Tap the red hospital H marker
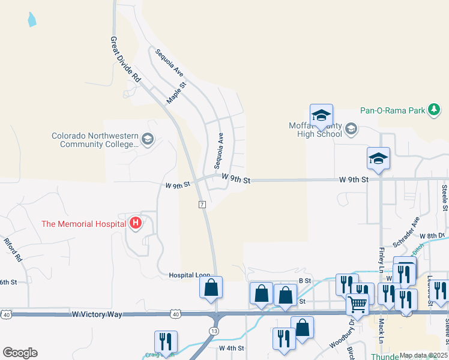tap(136, 224)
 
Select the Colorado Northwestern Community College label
tap(95, 140)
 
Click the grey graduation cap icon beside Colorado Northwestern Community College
tap(147, 140)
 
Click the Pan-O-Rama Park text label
tap(393, 110)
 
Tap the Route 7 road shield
tap(202, 205)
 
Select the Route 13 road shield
tap(215, 331)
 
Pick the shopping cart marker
tap(357, 305)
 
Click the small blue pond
tap(31, 19)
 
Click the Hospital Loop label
tap(189, 275)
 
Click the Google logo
tap(20, 352)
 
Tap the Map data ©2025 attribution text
tap(424, 355)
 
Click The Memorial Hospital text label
tap(84, 224)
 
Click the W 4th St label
tap(231, 348)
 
